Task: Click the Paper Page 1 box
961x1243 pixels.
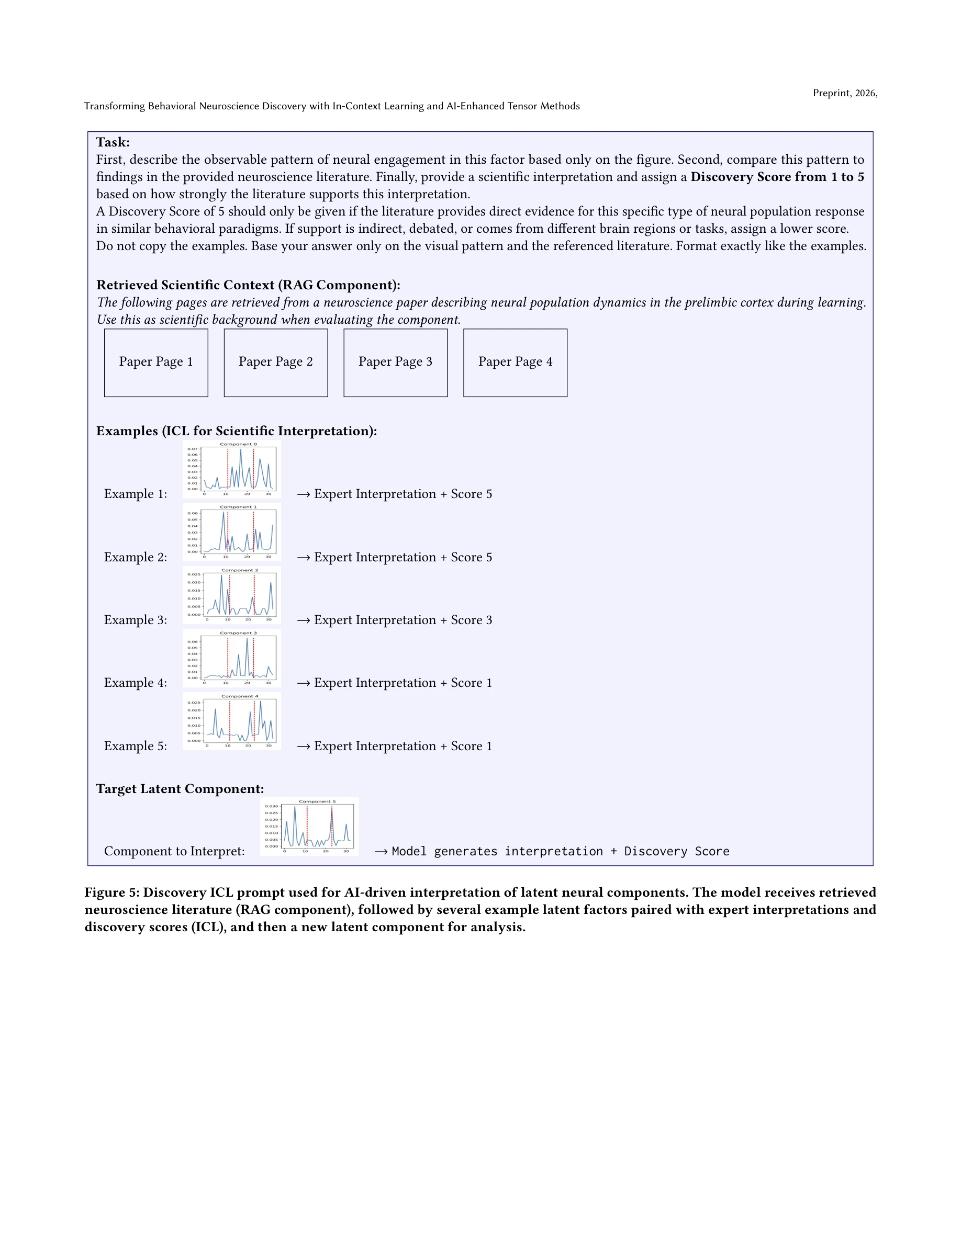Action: click(156, 363)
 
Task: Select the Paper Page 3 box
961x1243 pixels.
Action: click(395, 363)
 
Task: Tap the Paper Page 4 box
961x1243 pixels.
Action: click(515, 363)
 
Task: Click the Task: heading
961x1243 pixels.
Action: click(113, 142)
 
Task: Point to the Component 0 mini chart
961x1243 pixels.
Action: click(232, 469)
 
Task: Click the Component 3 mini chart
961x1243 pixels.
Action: click(232, 658)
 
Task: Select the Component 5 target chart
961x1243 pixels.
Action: click(309, 826)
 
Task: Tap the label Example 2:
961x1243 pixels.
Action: click(136, 557)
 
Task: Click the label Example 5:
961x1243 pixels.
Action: click(136, 746)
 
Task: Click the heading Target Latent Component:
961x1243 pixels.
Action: click(180, 789)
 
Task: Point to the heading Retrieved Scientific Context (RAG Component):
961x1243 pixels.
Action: click(248, 285)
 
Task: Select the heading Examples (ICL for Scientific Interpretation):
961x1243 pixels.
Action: click(236, 431)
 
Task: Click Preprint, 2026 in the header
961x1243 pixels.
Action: click(844, 93)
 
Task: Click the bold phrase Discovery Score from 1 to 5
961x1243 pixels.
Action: click(777, 177)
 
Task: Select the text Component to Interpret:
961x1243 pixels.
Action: click(174, 852)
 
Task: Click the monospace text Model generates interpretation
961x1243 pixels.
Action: click(496, 852)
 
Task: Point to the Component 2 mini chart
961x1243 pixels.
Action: click(232, 595)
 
